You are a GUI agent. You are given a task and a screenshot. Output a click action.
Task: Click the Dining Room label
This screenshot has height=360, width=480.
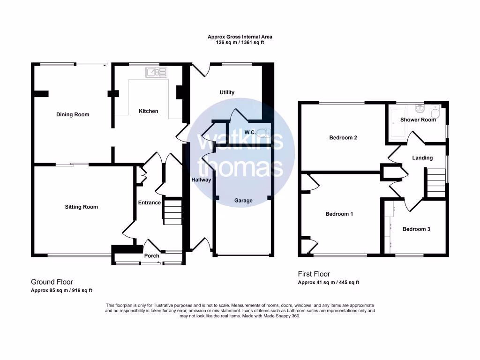pos(73,114)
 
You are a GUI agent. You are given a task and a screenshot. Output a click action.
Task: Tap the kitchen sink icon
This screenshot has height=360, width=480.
pos(156,72)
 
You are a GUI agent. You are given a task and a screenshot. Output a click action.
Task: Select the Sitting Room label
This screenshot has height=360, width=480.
pos(82,207)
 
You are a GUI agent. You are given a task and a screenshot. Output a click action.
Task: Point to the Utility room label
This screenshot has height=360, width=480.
pos(227,92)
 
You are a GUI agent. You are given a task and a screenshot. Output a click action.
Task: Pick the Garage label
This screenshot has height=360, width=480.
pos(243,201)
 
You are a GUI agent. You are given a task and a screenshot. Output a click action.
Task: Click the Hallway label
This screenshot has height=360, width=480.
pos(201,180)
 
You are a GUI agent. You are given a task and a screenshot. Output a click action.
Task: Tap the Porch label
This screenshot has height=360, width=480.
pos(151,255)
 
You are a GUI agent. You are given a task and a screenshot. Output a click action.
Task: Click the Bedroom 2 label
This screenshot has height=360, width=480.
pos(343,138)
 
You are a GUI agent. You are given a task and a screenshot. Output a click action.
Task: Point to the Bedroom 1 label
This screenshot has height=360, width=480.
pos(339,214)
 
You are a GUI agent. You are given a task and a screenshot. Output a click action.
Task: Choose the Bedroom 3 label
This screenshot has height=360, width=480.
pos(416,229)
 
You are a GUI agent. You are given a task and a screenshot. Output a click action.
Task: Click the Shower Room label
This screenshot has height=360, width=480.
pos(418,120)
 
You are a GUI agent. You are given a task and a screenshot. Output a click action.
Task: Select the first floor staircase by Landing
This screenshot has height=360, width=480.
pos(435,183)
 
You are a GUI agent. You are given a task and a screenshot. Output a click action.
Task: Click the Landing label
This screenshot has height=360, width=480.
pos(422,158)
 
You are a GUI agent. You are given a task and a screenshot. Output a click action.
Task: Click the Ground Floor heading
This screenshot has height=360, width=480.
pos(52,282)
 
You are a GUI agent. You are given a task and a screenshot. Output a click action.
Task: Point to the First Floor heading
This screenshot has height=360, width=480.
pos(314,274)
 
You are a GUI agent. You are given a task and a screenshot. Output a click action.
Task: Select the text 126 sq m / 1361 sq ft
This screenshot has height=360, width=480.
pos(240,42)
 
